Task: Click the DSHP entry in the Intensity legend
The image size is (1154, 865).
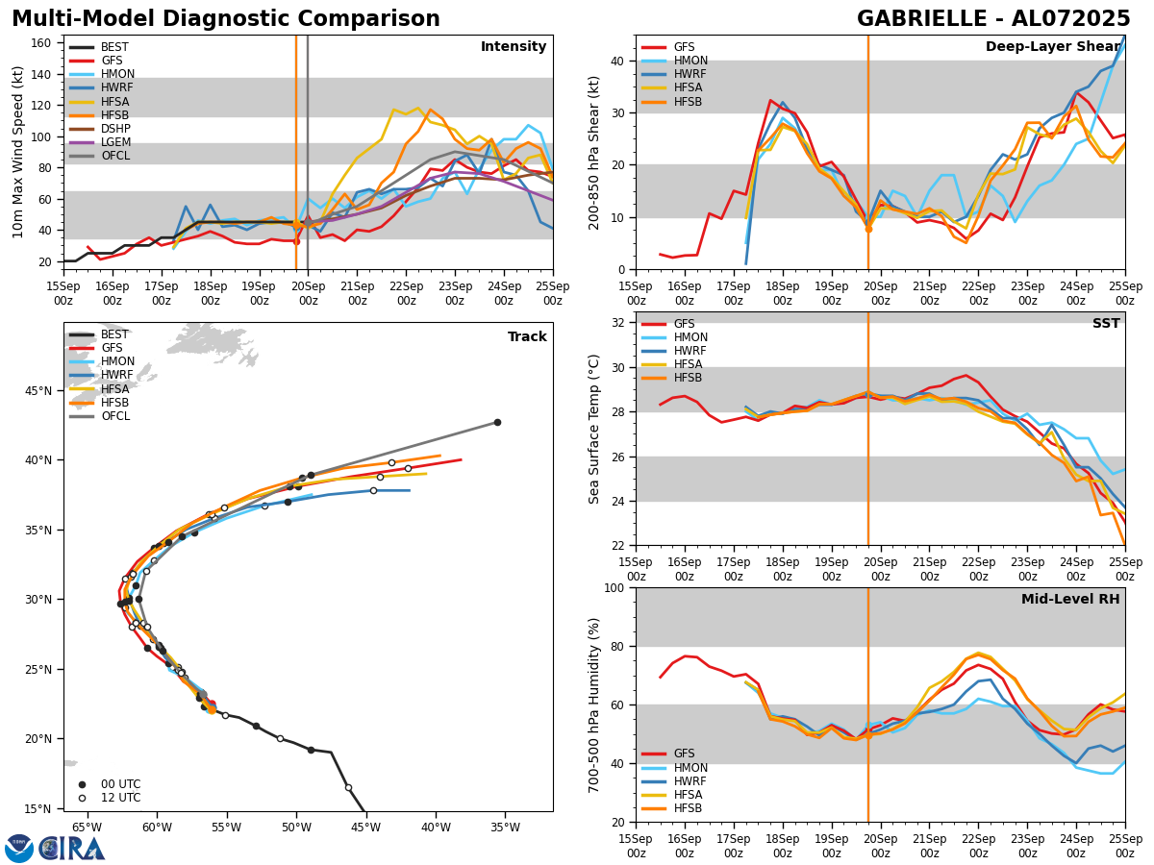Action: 115,129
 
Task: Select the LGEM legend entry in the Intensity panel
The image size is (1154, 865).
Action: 115,142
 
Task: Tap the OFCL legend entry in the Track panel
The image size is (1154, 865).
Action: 114,416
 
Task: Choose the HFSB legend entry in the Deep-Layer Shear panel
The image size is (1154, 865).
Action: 687,102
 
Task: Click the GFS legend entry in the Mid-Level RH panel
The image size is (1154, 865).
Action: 684,754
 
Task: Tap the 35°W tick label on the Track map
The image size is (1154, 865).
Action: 505,828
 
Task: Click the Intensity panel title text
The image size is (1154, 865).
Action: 513,47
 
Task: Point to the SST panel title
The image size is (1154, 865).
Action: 1105,324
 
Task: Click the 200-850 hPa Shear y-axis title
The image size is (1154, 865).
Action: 595,152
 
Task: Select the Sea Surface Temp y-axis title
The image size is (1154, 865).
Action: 595,429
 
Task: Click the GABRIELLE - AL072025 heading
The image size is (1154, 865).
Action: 992,19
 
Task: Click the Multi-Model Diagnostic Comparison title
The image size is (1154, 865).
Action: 226,19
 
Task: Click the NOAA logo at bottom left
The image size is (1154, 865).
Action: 19,849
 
